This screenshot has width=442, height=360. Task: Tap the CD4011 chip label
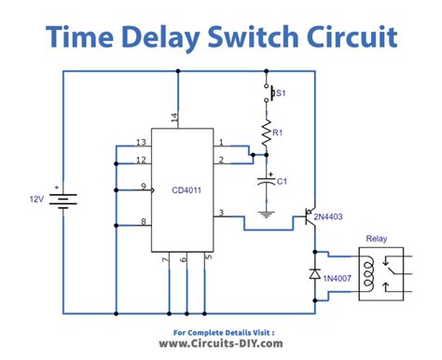[x=186, y=190]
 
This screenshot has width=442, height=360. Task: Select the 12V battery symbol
[x=63, y=199]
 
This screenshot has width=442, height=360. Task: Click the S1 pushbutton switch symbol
[x=269, y=92]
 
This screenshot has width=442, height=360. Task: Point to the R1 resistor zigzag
[x=266, y=133]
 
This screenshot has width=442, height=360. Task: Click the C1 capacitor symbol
[x=267, y=181]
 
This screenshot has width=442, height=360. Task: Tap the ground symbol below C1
[x=266, y=215]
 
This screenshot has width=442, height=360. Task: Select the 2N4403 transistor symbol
[x=310, y=216]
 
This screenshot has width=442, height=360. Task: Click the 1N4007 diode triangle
[x=315, y=273]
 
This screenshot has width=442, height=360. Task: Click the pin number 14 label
[x=174, y=118]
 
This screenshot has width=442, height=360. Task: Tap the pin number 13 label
[x=141, y=142]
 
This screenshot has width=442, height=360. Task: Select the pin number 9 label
[x=144, y=187]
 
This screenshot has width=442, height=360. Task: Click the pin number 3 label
[x=221, y=213]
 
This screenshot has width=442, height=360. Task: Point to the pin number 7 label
[x=166, y=258]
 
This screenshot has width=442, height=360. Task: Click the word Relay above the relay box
[x=377, y=239]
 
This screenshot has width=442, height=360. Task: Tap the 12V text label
[x=36, y=199]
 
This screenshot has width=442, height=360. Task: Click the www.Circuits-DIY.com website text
[x=221, y=343]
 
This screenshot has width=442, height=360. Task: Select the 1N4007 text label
[x=338, y=278]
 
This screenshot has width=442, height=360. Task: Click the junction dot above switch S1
[x=266, y=71]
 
